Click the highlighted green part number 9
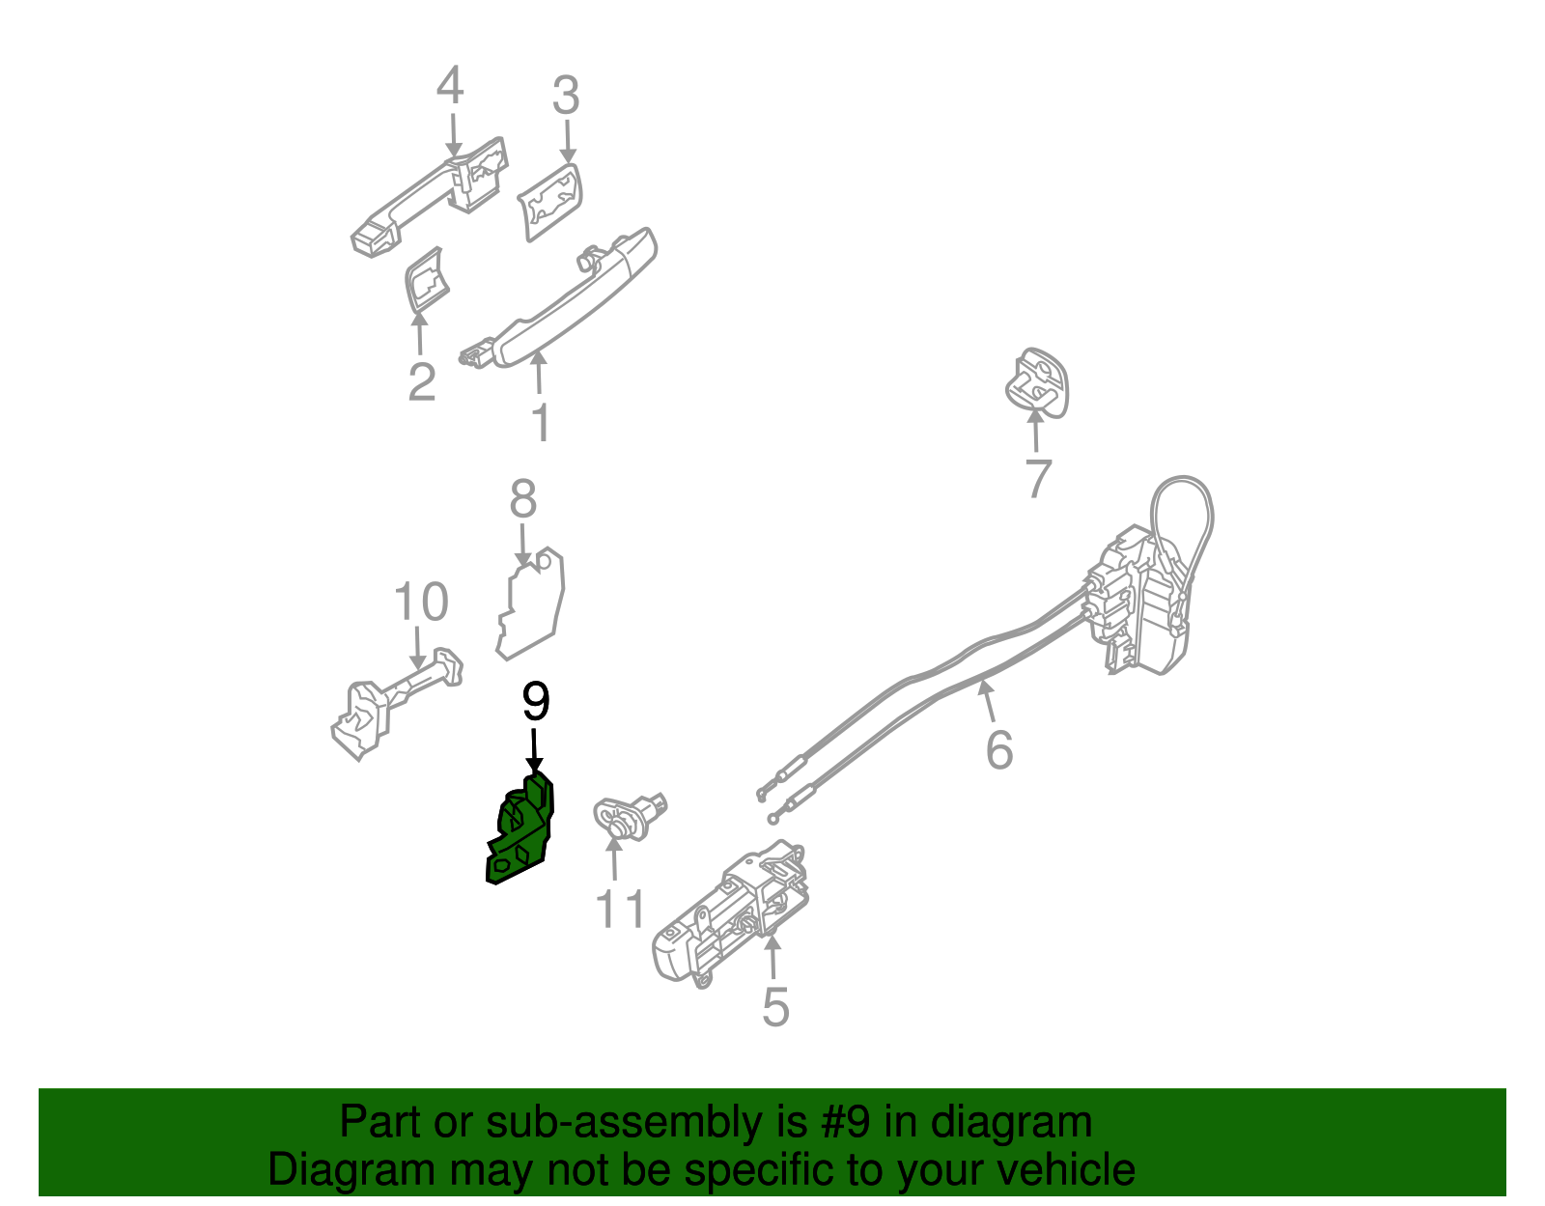(x=521, y=832)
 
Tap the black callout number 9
(x=535, y=702)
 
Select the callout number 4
(x=450, y=86)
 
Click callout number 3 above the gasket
(x=566, y=97)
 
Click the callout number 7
(x=1037, y=478)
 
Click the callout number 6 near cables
(x=999, y=749)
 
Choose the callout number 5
(x=775, y=1007)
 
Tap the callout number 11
(x=619, y=909)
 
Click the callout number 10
(x=421, y=603)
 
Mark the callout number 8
(x=522, y=500)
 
